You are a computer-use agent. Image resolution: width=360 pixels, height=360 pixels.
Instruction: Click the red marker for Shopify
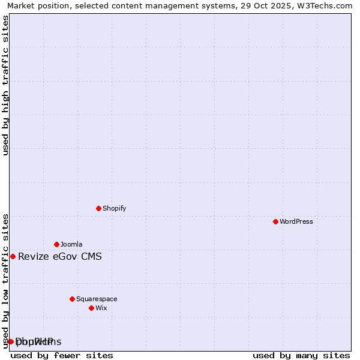[98, 208]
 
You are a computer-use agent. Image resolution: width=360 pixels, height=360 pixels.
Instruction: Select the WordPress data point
[275, 221]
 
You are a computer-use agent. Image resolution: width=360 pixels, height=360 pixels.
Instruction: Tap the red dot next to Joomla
[56, 244]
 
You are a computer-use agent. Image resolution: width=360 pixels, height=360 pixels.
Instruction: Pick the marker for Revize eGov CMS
[13, 256]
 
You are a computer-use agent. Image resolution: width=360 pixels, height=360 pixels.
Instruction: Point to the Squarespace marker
[72, 299]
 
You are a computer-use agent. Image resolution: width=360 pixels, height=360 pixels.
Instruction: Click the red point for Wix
[91, 308]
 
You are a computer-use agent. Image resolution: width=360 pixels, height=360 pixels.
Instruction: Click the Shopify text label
[114, 208]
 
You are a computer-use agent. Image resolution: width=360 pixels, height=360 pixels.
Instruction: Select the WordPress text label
[296, 221]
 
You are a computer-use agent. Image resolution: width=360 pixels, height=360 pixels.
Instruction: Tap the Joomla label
[71, 244]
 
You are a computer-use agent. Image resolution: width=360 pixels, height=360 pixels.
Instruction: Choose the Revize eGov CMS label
[60, 257]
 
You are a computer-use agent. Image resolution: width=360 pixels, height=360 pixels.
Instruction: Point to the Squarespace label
[97, 299]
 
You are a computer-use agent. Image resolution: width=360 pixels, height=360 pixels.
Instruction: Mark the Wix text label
[101, 308]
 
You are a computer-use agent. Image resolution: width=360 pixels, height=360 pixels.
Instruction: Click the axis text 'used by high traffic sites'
[5, 85]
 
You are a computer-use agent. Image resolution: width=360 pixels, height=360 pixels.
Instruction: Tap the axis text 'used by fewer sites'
[62, 355]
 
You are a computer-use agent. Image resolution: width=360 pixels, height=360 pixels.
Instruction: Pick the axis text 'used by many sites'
[301, 355]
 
